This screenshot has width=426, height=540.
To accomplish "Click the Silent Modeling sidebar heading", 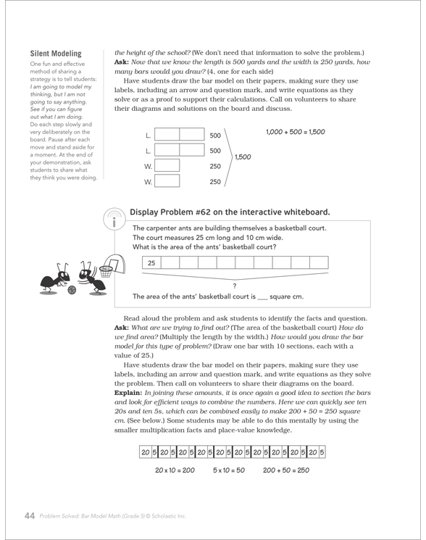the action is [x=56, y=54].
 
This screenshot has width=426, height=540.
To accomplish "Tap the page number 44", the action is [x=30, y=515].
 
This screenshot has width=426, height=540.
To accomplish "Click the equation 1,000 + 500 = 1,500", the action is [x=296, y=132].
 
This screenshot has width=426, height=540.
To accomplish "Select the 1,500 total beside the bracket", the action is [x=243, y=157].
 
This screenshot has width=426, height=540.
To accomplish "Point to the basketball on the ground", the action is [x=72, y=290].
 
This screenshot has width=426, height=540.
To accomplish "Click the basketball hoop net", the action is [x=106, y=272].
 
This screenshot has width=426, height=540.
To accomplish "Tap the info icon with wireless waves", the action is [x=114, y=218].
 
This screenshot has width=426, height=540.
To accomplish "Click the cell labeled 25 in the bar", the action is [x=151, y=263].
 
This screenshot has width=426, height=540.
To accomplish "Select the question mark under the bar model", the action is [x=235, y=286].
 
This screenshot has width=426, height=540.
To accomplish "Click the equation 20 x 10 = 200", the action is [x=175, y=470].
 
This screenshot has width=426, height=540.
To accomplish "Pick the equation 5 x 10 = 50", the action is [x=229, y=470].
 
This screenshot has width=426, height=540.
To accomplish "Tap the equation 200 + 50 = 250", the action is [x=286, y=470].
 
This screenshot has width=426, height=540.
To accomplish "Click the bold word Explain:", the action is [x=128, y=393].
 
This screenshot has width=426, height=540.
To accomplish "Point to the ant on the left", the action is [x=54, y=278].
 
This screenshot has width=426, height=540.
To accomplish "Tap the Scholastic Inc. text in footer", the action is [x=169, y=516].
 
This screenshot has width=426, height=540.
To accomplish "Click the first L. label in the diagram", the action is [x=149, y=136].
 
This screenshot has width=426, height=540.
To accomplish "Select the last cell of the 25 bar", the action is [x=319, y=263].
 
